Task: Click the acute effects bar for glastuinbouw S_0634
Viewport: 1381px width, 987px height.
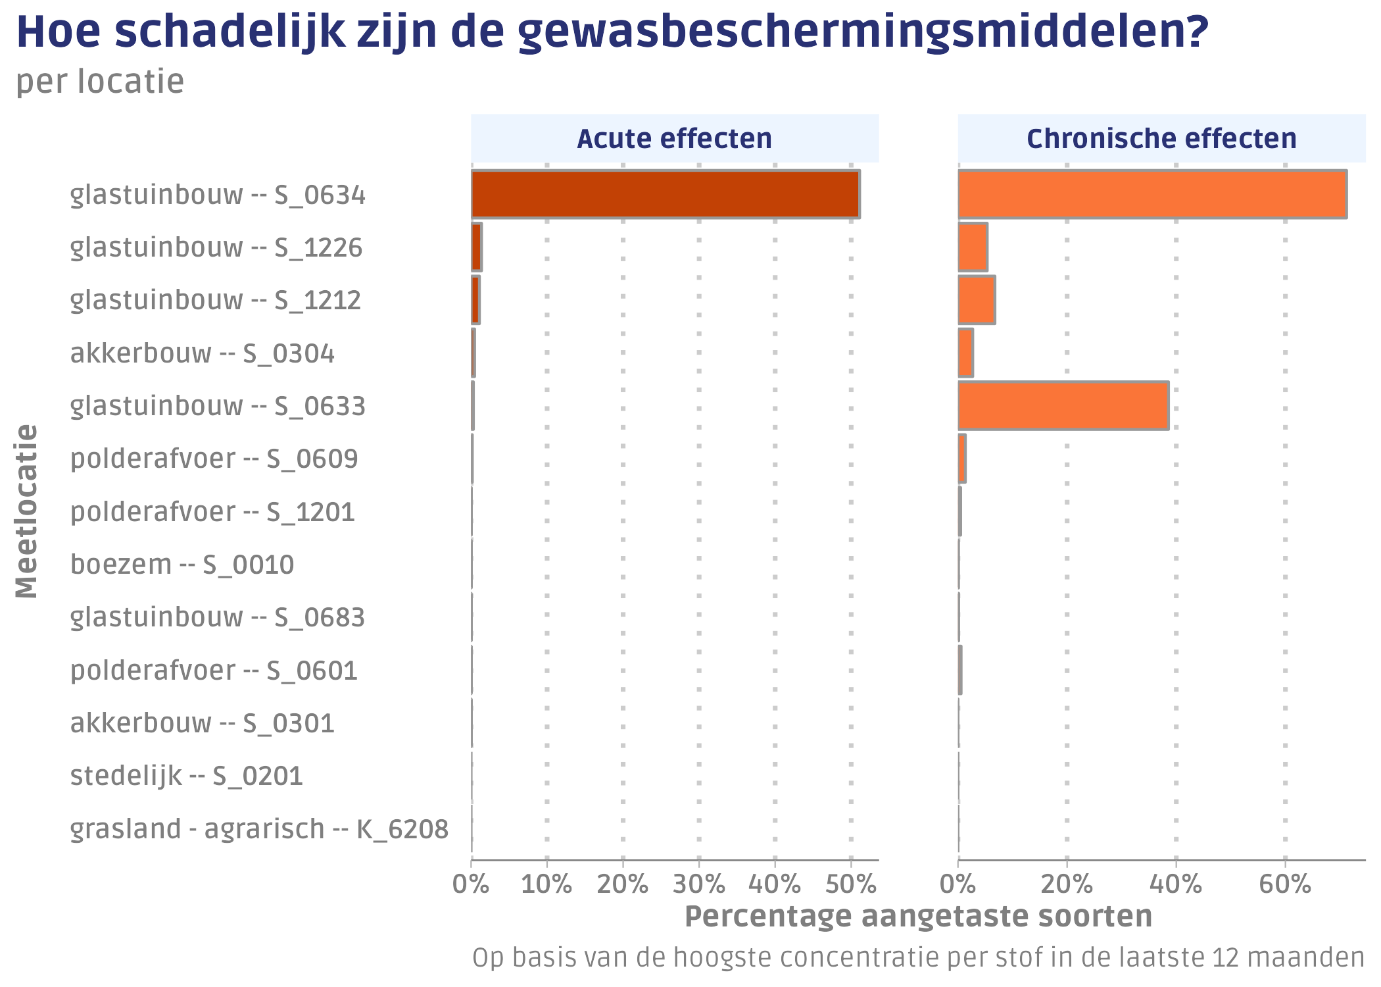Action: tap(665, 194)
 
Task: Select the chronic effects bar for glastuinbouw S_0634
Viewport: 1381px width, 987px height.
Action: tap(1152, 194)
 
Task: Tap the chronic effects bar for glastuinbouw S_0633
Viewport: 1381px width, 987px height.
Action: tap(1063, 405)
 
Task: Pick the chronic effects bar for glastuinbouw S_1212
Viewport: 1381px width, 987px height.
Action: tap(977, 300)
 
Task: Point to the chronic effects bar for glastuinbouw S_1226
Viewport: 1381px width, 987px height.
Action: tap(973, 247)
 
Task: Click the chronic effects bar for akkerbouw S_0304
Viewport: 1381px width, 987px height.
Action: tap(965, 353)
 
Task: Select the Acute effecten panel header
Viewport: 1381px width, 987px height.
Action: tap(674, 139)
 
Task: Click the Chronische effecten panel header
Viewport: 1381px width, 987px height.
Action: tap(1161, 139)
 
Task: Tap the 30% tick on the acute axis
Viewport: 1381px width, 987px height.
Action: tap(699, 884)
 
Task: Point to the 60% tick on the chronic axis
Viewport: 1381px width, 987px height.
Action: tap(1285, 884)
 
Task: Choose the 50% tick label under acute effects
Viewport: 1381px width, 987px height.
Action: tap(851, 884)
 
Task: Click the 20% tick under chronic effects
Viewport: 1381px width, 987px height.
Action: tap(1067, 884)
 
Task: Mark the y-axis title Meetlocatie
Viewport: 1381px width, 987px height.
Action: tap(27, 511)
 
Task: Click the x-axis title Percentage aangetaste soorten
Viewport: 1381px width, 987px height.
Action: tap(918, 916)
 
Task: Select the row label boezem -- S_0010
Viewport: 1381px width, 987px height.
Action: tap(182, 565)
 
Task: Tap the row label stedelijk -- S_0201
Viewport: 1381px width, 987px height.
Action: tap(187, 776)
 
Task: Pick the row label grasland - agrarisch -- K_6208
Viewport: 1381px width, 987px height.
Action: tap(259, 829)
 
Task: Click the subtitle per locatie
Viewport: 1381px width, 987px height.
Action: tap(100, 82)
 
